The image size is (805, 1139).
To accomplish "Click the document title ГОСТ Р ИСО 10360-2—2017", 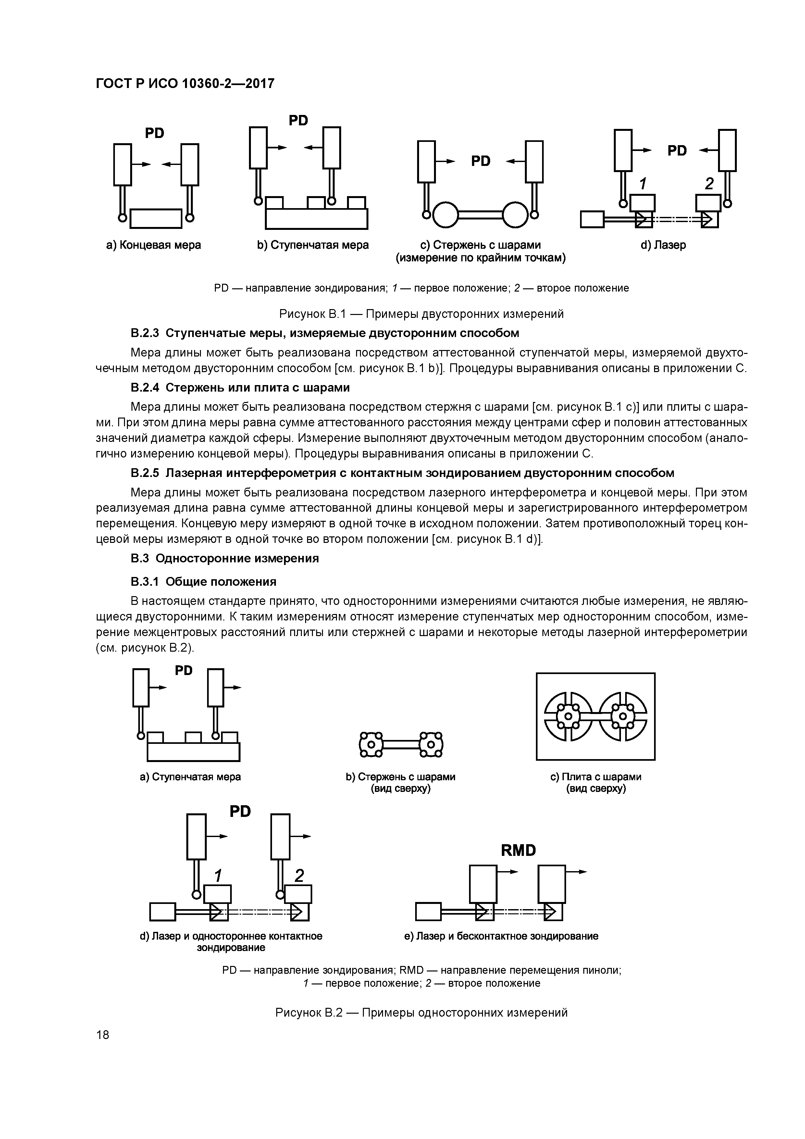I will (184, 84).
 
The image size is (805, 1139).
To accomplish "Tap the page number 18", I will (103, 1034).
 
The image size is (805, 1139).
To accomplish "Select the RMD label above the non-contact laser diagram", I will (518, 850).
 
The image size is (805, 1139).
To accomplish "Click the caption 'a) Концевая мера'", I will (154, 245).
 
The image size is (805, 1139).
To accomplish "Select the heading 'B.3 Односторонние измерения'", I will (225, 558).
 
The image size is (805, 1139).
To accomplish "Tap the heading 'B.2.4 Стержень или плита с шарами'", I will (240, 387).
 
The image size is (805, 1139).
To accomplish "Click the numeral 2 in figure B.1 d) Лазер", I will (709, 184).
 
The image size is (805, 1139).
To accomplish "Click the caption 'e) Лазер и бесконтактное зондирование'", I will (501, 936).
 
